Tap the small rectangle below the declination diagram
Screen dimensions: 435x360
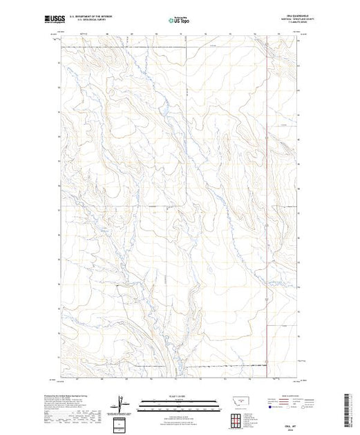[121, 423]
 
